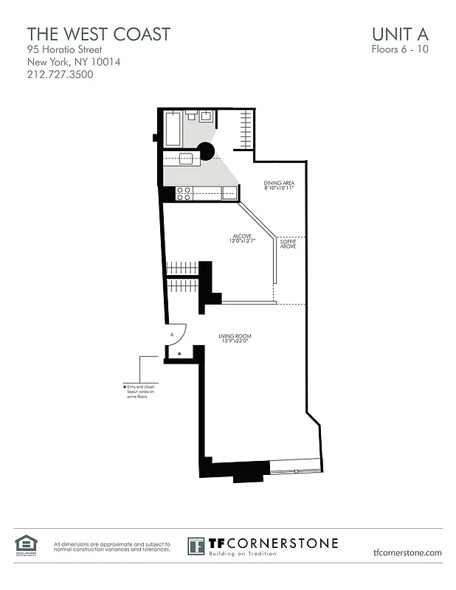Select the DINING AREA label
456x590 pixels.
278,185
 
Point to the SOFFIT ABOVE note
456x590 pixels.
288,243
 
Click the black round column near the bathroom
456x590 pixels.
206,152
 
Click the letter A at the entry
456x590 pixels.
172,334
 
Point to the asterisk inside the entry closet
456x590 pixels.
179,355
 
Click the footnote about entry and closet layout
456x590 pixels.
143,392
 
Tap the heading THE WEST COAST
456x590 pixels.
98,34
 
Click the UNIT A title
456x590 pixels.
401,34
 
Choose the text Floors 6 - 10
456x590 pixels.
399,50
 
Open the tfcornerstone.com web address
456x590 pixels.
407,552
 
